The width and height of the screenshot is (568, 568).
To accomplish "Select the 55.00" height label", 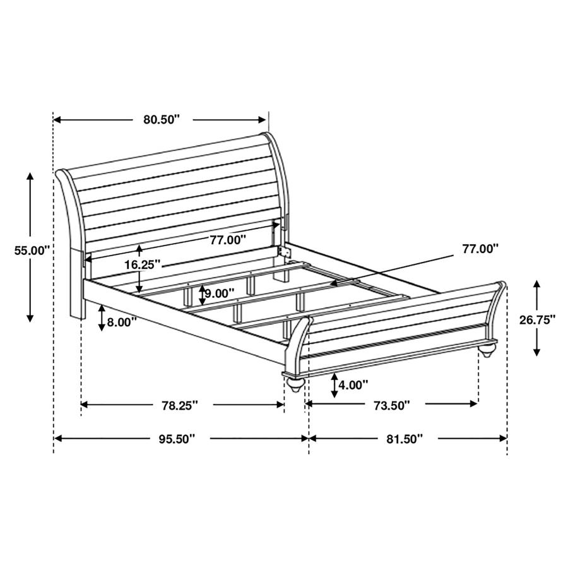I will [x=32, y=250].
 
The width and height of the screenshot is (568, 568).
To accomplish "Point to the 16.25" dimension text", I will [x=142, y=265].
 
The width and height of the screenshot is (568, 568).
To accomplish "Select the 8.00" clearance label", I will [x=122, y=322].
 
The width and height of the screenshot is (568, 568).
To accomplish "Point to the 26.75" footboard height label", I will [x=537, y=320].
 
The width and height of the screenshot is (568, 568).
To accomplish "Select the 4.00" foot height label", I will [x=353, y=384].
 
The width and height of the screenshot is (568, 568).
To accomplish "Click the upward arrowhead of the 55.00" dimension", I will [x=30, y=177].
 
